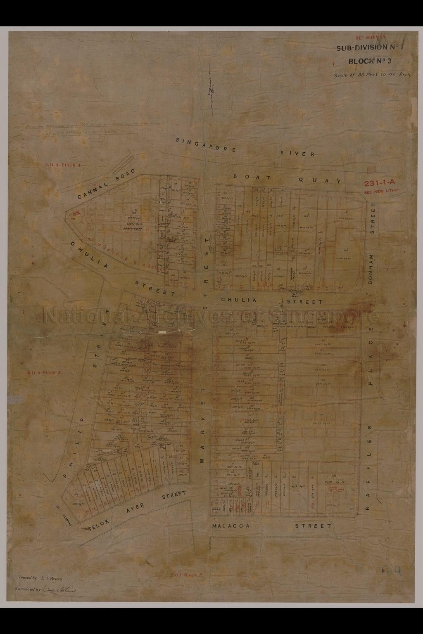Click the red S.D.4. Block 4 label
coord(63,165)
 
